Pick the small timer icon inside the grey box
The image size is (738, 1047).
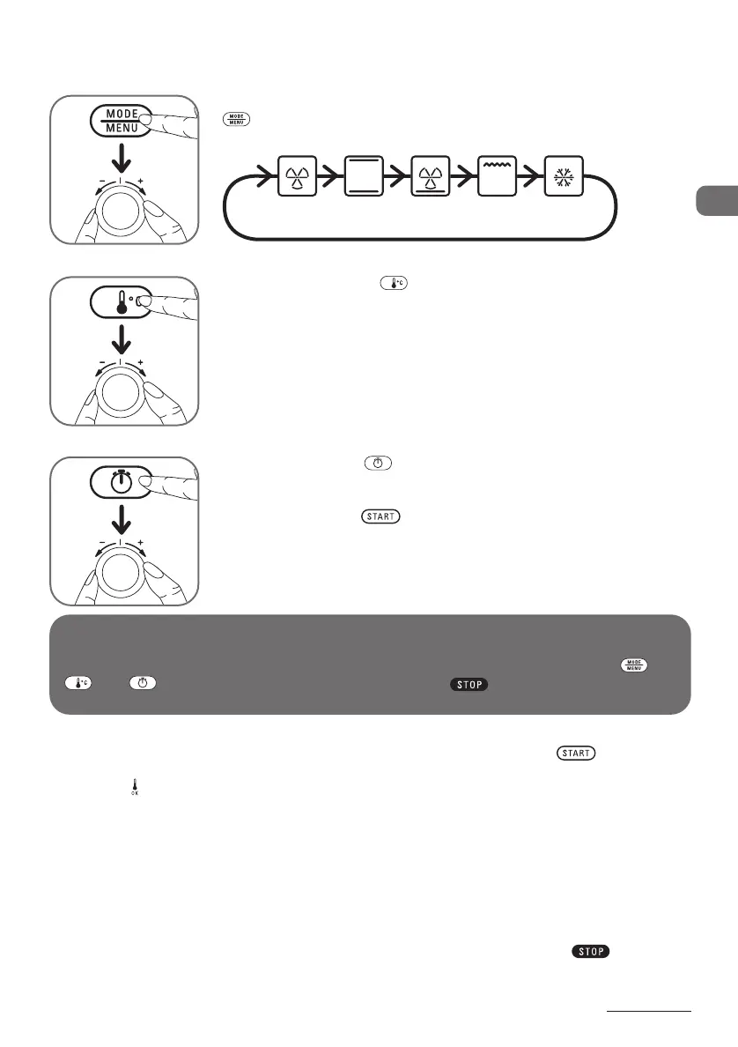(141, 684)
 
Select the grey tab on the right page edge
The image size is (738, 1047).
(716, 201)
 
